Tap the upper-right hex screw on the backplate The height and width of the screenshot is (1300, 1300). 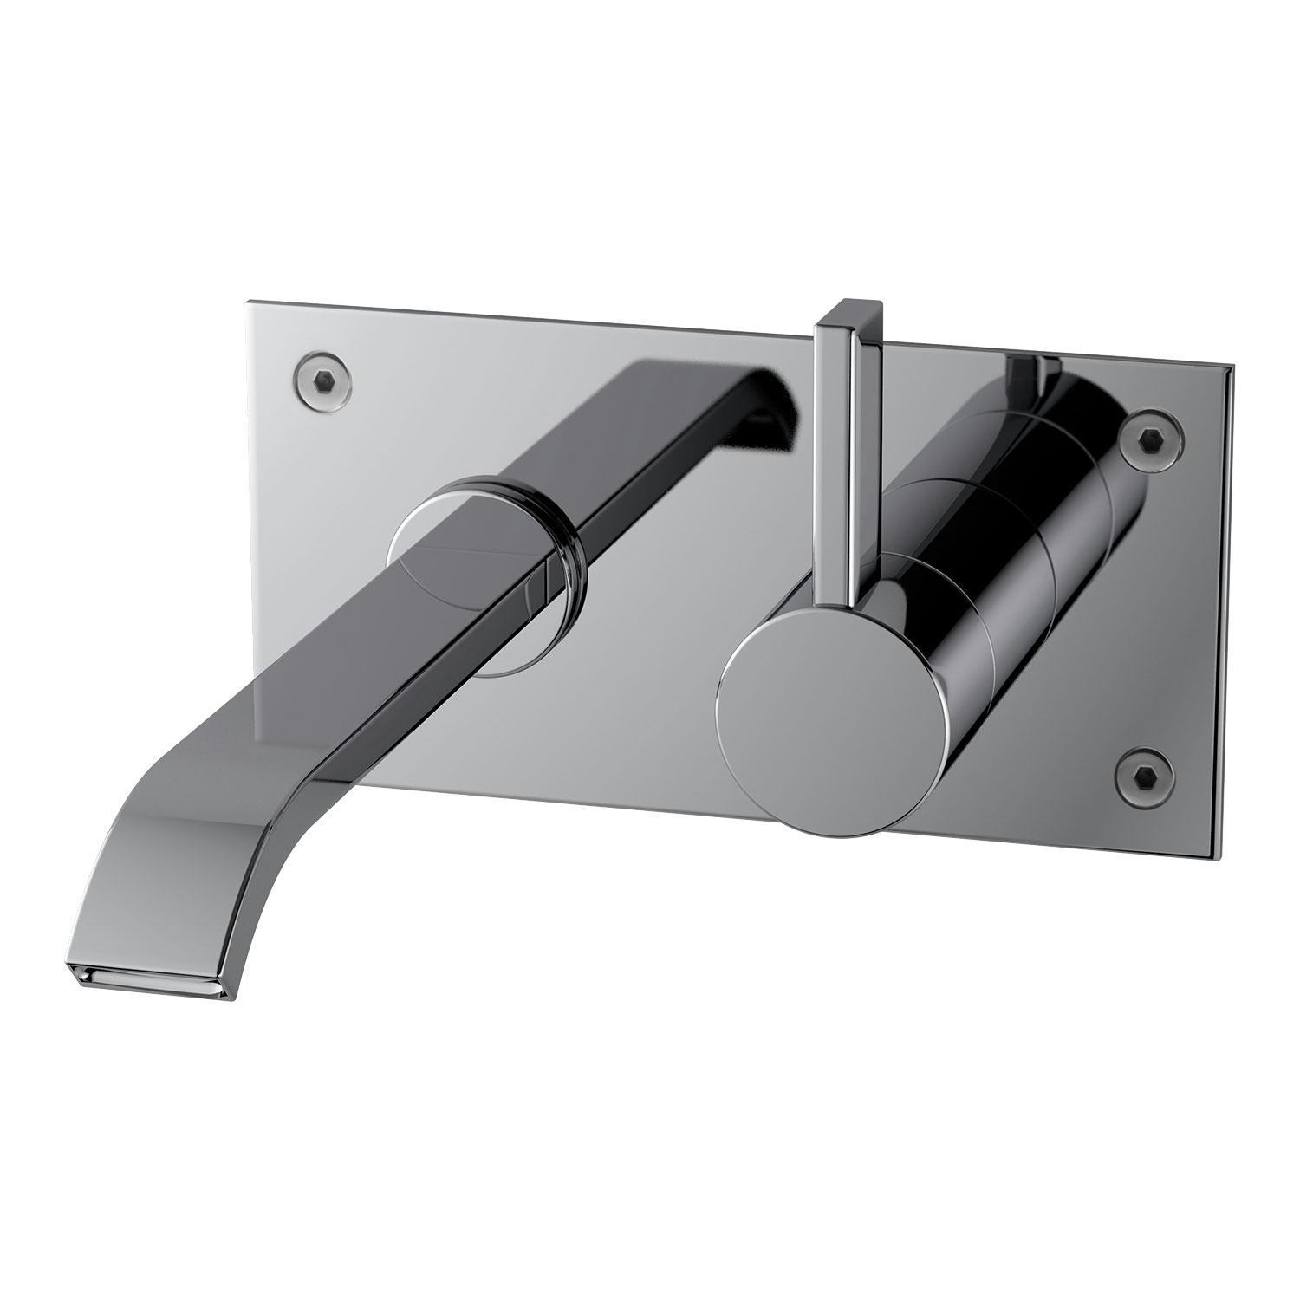pos(1149,440)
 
